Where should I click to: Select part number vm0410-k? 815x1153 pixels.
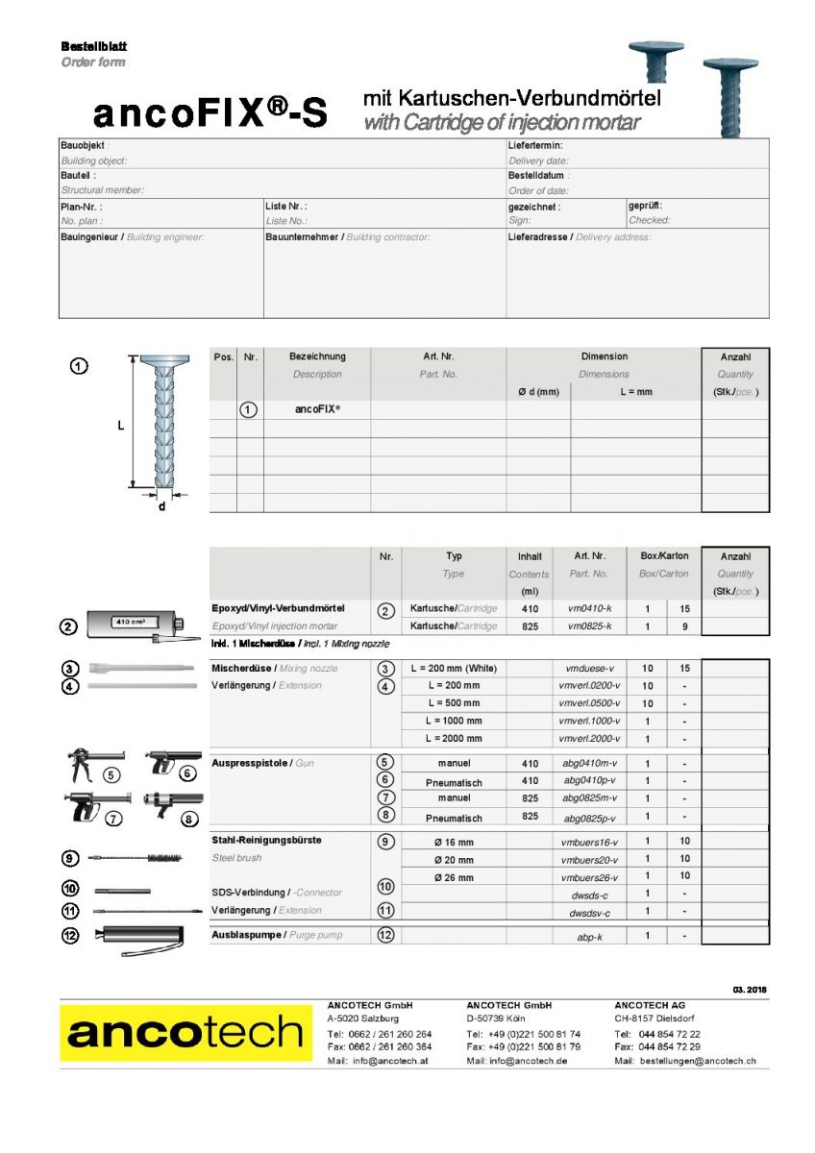[588, 609]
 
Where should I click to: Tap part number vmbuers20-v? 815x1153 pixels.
[588, 860]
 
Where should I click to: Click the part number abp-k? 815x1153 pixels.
[588, 935]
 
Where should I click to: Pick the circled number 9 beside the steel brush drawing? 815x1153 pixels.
[70, 858]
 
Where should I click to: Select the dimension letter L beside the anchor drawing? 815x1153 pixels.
[121, 424]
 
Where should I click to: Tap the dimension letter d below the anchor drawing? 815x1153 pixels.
[161, 506]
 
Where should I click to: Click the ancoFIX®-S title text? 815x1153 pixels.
[210, 114]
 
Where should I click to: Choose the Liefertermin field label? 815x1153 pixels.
[534, 145]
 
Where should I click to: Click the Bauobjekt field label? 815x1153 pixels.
[84, 145]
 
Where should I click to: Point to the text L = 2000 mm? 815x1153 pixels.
[455, 739]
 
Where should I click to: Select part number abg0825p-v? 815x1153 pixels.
[588, 817]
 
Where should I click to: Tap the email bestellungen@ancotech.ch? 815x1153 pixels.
[695, 1061]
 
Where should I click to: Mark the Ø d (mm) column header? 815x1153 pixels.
[537, 392]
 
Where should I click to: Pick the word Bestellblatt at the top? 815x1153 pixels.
[94, 46]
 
